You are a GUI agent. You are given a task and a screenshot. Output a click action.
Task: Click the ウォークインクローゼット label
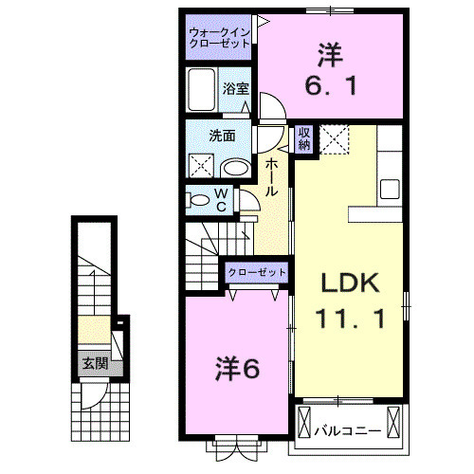point(219,39)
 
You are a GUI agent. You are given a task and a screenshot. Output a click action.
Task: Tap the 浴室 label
point(236,88)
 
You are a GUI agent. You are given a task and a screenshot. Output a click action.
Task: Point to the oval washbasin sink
point(235,169)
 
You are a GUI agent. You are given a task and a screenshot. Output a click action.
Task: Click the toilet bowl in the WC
point(200,199)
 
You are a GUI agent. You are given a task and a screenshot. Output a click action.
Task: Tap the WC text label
point(220,199)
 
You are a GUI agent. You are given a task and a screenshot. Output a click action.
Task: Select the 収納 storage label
point(304,138)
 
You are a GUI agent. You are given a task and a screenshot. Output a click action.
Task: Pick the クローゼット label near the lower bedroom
point(256,273)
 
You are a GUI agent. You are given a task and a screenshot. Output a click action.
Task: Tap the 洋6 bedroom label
point(237,367)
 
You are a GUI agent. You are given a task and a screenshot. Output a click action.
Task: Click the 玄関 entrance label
point(92,362)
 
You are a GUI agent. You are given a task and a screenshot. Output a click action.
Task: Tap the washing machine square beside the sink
point(202,167)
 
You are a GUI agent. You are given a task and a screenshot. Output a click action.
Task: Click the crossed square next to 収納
point(334,139)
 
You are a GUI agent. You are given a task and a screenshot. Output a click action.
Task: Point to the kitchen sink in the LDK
point(390,189)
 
